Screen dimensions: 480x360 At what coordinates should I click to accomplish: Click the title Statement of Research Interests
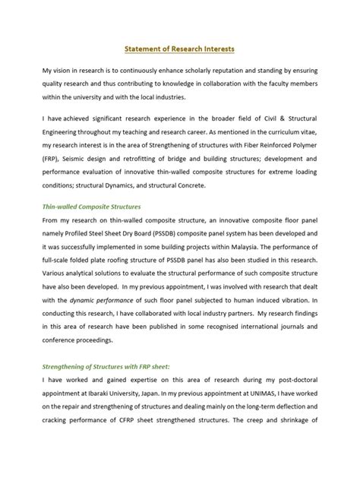(180, 49)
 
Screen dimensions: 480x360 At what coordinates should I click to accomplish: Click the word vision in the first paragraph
(66, 70)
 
